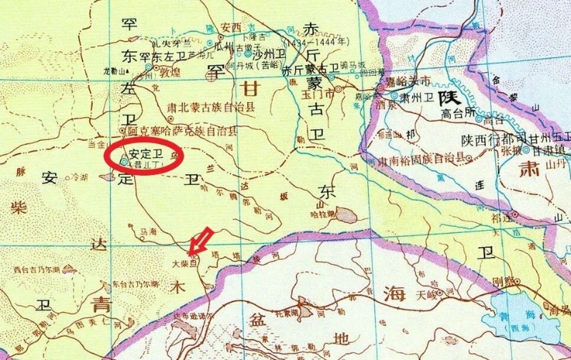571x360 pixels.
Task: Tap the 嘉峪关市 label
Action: point(408,81)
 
